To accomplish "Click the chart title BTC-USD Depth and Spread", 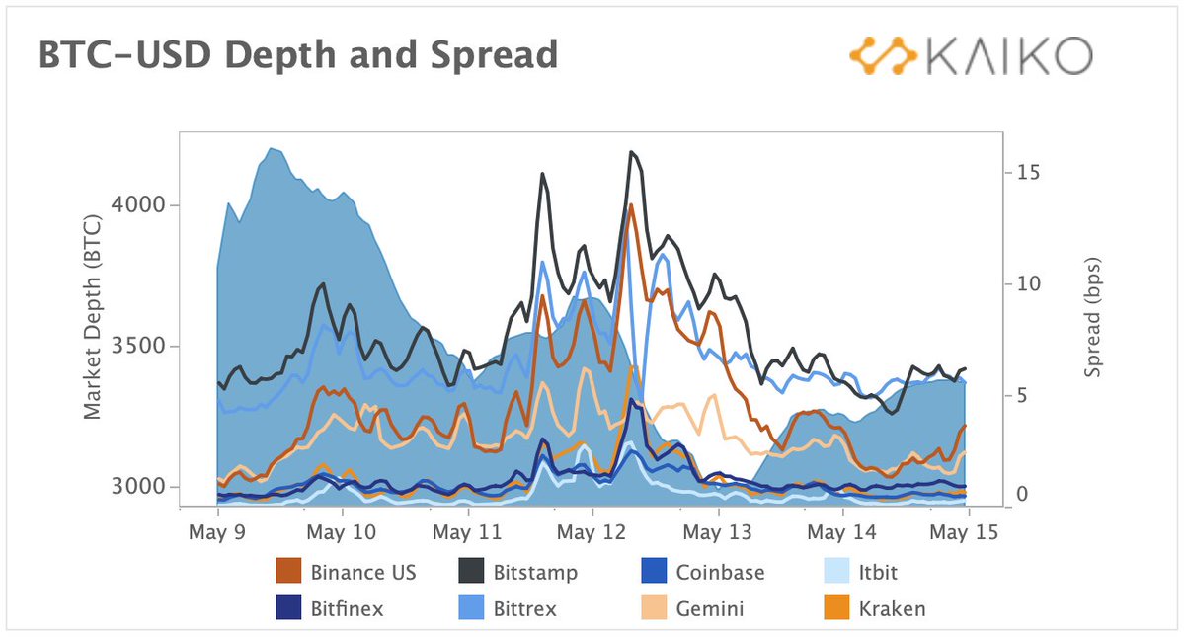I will point(297,55).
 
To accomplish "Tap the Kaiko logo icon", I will point(883,56).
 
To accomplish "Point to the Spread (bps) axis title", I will point(1091,319).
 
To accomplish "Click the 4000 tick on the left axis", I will point(144,205).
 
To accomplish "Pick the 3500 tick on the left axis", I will point(144,347).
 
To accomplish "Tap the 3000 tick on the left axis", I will point(144,487).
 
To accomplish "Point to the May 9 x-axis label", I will point(217,532).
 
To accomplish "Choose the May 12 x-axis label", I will point(592,532).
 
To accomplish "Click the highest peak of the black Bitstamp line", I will point(631,152).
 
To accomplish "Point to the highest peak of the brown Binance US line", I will point(631,205).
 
